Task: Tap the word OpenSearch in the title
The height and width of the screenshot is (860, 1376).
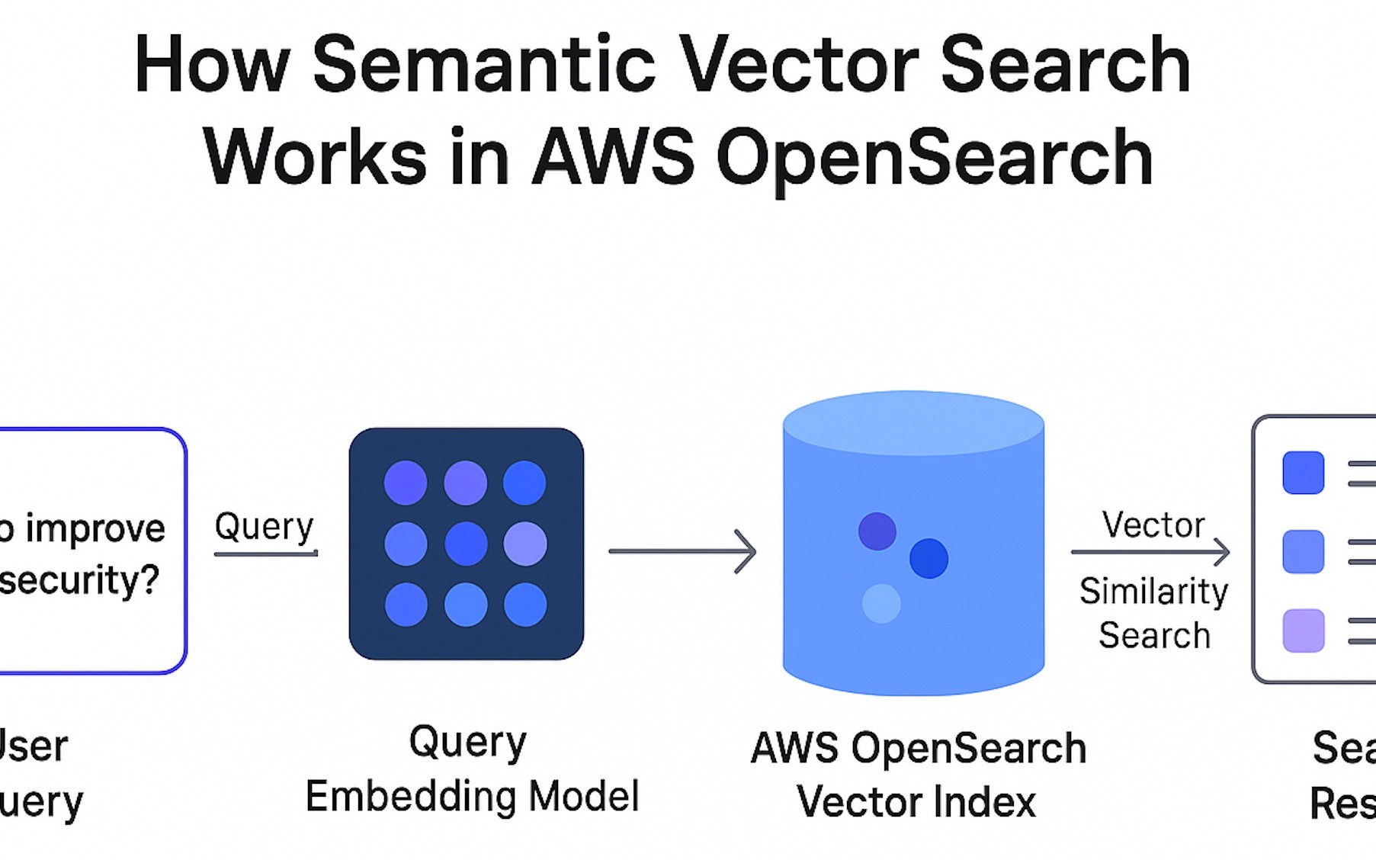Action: click(934, 158)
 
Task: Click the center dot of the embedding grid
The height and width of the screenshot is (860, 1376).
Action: click(466, 544)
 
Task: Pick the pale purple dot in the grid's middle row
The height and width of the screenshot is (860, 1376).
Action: click(525, 544)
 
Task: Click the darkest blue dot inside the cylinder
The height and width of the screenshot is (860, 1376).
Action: click(929, 558)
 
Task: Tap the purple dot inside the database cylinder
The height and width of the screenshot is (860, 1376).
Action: click(877, 531)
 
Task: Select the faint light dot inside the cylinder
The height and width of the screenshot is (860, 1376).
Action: click(881, 604)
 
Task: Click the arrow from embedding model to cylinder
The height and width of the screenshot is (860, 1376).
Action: click(682, 551)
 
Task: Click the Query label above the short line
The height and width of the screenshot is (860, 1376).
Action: click(264, 526)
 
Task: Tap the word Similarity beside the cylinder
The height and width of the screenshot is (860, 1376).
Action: click(1153, 592)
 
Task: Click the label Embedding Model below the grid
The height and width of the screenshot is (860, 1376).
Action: click(471, 797)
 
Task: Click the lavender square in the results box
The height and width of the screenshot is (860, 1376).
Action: click(1303, 631)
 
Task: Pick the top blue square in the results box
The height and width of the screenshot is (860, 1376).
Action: click(1303, 473)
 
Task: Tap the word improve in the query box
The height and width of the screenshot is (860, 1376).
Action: click(95, 528)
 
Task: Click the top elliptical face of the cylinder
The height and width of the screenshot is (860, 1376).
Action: click(913, 423)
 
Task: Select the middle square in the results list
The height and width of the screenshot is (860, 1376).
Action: click(1303, 551)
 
